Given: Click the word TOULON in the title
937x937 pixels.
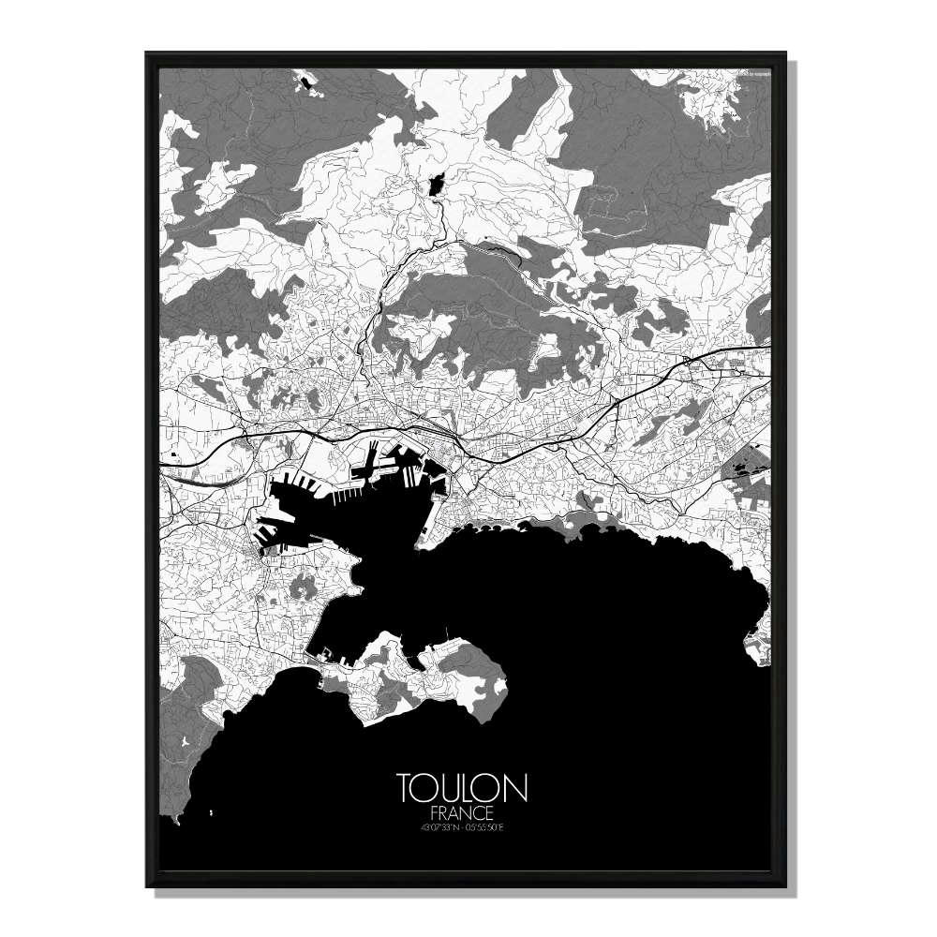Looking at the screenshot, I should pos(462,788).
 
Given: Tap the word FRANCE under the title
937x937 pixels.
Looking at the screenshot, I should pos(462,811).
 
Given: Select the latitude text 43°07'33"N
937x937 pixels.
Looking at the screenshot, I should pos(436,825).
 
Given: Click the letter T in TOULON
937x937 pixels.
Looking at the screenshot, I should pos(405,788).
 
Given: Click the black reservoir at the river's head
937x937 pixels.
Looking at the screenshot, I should pos(434,185).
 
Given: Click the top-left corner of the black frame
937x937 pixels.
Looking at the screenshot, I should pos(147,54).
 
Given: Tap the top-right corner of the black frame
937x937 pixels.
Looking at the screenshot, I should pos(787,54).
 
